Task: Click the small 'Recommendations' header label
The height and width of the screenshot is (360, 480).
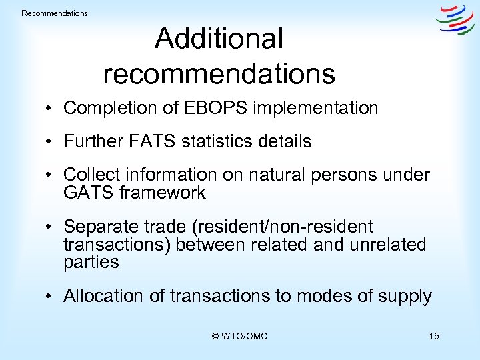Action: (55, 13)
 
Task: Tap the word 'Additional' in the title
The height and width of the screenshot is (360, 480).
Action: (219, 39)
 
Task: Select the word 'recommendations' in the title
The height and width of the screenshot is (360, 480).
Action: (219, 74)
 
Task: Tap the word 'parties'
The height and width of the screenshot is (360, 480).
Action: (91, 262)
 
